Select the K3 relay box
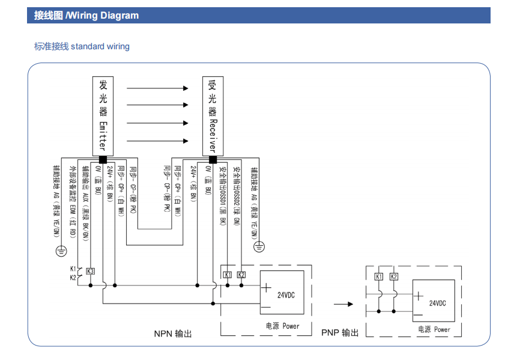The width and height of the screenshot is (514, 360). coord(90,271)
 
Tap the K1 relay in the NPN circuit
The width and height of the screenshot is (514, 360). coord(227,275)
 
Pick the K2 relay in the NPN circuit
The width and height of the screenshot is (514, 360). coord(241,275)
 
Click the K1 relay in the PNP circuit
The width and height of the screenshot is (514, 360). coord(379,276)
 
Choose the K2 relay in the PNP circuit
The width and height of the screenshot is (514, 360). coord(394,276)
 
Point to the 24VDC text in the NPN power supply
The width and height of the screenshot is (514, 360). coord(286,294)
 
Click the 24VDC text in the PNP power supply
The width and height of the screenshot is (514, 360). coord(438,303)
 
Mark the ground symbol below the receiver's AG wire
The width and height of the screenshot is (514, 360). coord(259,246)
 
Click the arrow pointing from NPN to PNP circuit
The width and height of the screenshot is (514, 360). coord(343,304)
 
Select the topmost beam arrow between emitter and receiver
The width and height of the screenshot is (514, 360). coord(157,88)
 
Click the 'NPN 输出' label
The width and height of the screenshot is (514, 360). coord(173,332)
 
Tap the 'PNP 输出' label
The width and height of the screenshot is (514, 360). coord(340,332)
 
